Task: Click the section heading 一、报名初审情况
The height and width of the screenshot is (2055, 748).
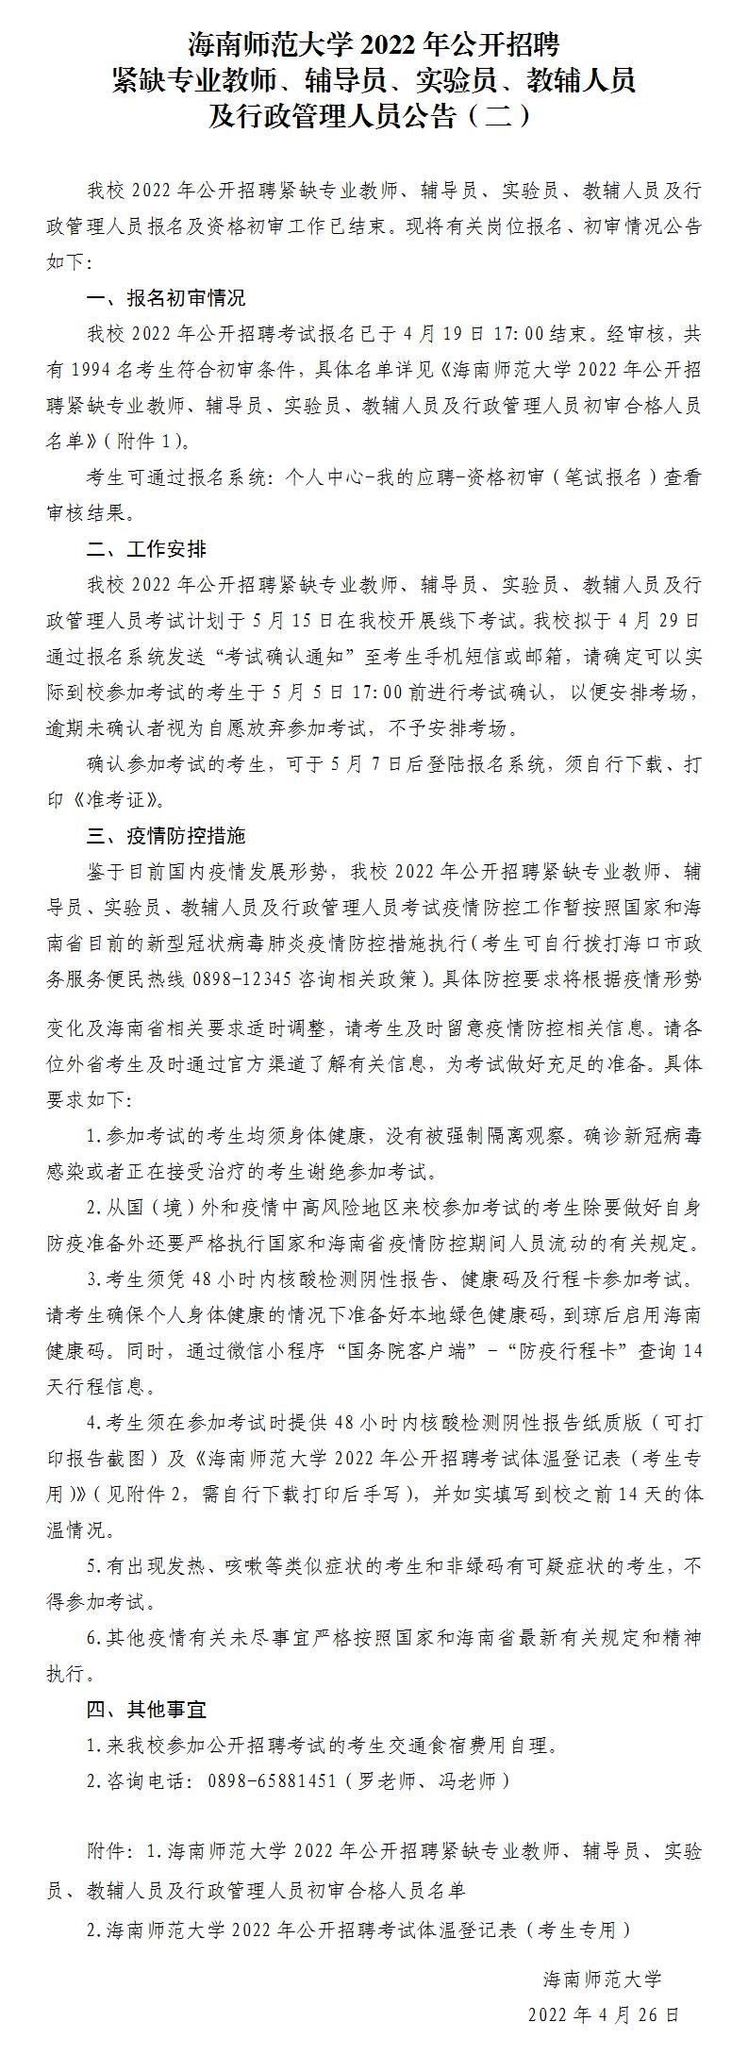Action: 165,298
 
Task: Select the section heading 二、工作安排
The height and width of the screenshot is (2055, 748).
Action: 145,549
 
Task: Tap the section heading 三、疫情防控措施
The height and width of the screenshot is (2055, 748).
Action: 165,835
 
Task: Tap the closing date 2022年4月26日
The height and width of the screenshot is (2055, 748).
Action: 603,2013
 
